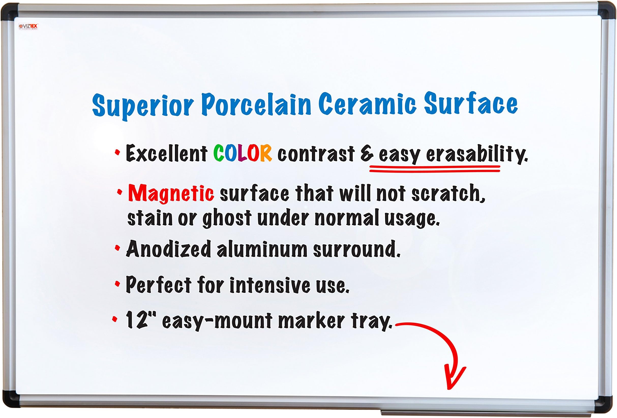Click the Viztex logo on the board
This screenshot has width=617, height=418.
tap(28, 26)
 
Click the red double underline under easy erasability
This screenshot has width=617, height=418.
tap(435, 169)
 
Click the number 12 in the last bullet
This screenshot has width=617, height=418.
tap(137, 320)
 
